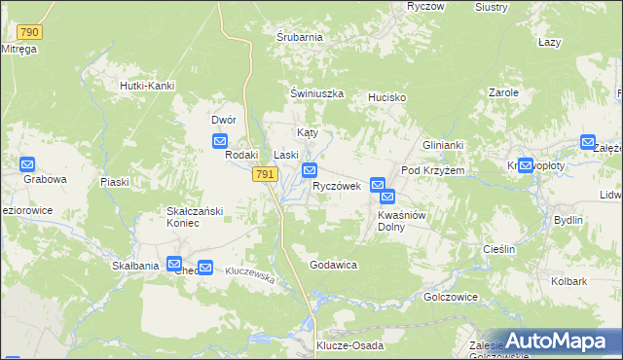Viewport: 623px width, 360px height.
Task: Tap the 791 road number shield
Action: [x=265, y=174]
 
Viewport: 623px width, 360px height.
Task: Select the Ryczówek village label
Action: [x=337, y=186]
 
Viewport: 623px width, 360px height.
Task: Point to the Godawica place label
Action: [x=334, y=265]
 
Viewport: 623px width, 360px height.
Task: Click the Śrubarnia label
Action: [x=299, y=37]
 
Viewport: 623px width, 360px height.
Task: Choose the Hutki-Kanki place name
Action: [x=146, y=86]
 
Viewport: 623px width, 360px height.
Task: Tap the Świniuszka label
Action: [x=317, y=93]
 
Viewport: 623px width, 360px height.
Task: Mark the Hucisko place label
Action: [x=386, y=98]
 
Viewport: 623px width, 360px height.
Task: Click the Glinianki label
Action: [x=443, y=145]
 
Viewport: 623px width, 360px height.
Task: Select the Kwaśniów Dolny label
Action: [x=404, y=220]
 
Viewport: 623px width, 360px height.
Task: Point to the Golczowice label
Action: [x=449, y=296]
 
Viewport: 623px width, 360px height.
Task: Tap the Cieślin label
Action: [x=498, y=249]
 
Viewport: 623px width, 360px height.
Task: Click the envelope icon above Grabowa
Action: [x=27, y=164]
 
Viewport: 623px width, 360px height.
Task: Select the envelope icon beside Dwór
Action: [x=221, y=141]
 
